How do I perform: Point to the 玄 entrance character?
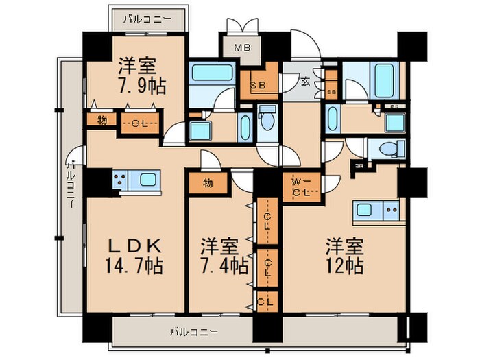click(x=304, y=82)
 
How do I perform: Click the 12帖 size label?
click(x=344, y=265)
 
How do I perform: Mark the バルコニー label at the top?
click(x=147, y=19)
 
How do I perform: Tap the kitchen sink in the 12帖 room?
click(x=365, y=209)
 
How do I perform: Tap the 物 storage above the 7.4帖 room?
click(x=208, y=183)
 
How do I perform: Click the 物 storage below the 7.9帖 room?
click(x=101, y=122)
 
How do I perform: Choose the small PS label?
click(x=395, y=106)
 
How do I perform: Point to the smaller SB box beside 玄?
click(x=332, y=91)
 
